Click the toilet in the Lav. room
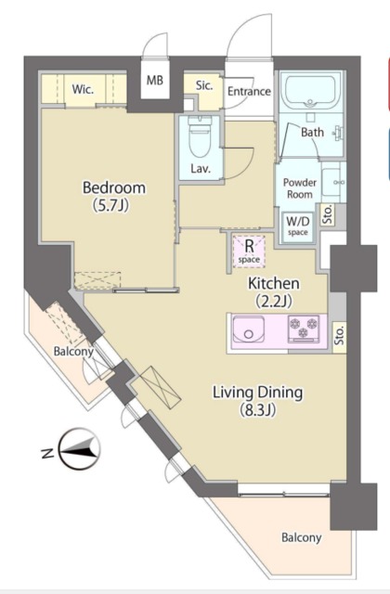pyautogui.click(x=200, y=137)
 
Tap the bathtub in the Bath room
pyautogui.click(x=310, y=92)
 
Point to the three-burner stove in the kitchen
pyautogui.click(x=304, y=328)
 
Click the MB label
pyautogui.click(x=155, y=81)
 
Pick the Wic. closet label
pyautogui.click(x=83, y=90)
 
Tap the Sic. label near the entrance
pyautogui.click(x=204, y=85)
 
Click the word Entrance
pyautogui.click(x=249, y=91)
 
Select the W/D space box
pyautogui.click(x=297, y=226)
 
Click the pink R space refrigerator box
pyautogui.click(x=249, y=252)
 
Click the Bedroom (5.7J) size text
pyautogui.click(x=114, y=196)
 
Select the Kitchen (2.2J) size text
pyautogui.click(x=274, y=291)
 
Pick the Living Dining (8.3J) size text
pyautogui.click(x=257, y=400)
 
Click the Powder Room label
pyautogui.click(x=300, y=188)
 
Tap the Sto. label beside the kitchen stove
pyautogui.click(x=340, y=335)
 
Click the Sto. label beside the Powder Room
pyautogui.click(x=328, y=214)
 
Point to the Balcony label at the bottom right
pyautogui.click(x=301, y=537)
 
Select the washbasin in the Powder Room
pyautogui.click(x=333, y=182)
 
